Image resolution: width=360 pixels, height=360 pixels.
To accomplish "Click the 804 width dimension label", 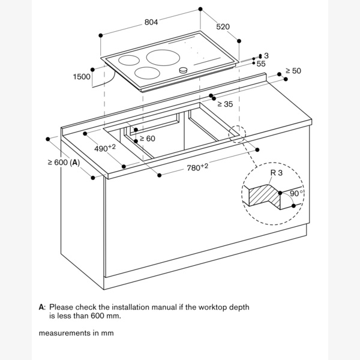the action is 151,22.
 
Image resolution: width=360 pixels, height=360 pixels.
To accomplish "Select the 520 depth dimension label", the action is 223,26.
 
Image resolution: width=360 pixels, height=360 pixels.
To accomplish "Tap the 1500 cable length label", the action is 82,76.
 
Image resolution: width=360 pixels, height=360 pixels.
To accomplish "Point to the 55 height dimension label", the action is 261,64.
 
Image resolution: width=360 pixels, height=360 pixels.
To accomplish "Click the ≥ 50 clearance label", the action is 293,71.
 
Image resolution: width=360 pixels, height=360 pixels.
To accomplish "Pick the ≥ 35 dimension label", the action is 225,104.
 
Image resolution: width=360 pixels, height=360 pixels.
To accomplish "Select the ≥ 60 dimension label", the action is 148,139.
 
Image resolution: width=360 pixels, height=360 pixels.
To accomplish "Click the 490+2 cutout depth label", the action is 105,148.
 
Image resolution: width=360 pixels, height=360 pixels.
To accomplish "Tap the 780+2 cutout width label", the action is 197,167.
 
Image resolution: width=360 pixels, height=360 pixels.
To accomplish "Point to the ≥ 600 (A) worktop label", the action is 64,163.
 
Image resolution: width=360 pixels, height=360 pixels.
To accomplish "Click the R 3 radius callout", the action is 277,173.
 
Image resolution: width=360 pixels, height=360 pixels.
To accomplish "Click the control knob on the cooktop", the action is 183,70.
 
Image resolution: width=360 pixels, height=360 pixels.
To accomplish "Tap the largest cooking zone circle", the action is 163,58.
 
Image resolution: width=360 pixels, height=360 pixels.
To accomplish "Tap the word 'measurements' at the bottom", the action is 65,333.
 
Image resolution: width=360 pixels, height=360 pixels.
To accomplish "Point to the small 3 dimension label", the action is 266,56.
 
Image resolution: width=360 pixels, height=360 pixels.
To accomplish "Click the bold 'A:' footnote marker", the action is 42,307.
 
